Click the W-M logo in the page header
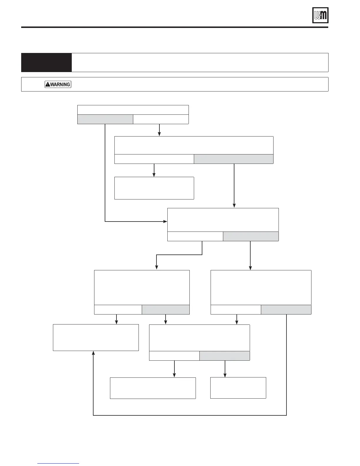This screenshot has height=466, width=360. pos(320,15)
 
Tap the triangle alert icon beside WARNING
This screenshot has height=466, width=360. pos(48,84)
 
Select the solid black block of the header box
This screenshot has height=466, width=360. pos(46,62)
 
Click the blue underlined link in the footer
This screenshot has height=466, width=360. pos(58,463)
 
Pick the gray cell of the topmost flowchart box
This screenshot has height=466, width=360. pos(105,119)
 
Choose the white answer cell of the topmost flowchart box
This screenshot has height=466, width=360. pos(161,119)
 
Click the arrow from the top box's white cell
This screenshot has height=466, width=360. pos(159,130)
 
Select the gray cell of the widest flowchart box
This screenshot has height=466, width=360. pos(234,159)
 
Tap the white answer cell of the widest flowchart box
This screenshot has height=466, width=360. pos(154,159)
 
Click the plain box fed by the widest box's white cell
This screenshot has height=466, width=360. pos(154,188)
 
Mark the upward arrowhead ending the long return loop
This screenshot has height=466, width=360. pos(93,353)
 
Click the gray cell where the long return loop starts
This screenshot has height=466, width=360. pos(286,309)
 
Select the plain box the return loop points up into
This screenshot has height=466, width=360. pos(96,337)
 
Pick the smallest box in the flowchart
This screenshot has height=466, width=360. pos(238,388)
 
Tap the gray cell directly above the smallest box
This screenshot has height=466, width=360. pos(225,356)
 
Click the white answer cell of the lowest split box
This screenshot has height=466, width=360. pos(174,356)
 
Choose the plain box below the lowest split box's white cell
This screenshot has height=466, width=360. pos(153,388)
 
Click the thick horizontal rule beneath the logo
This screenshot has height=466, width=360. pos(175,27)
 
